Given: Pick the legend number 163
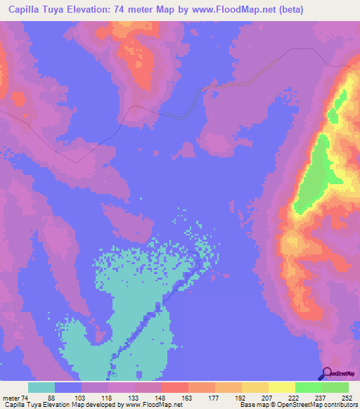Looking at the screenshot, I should (x=188, y=397).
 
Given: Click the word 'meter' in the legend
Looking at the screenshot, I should (x=10, y=397).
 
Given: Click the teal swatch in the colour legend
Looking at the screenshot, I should (x=41, y=387).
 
